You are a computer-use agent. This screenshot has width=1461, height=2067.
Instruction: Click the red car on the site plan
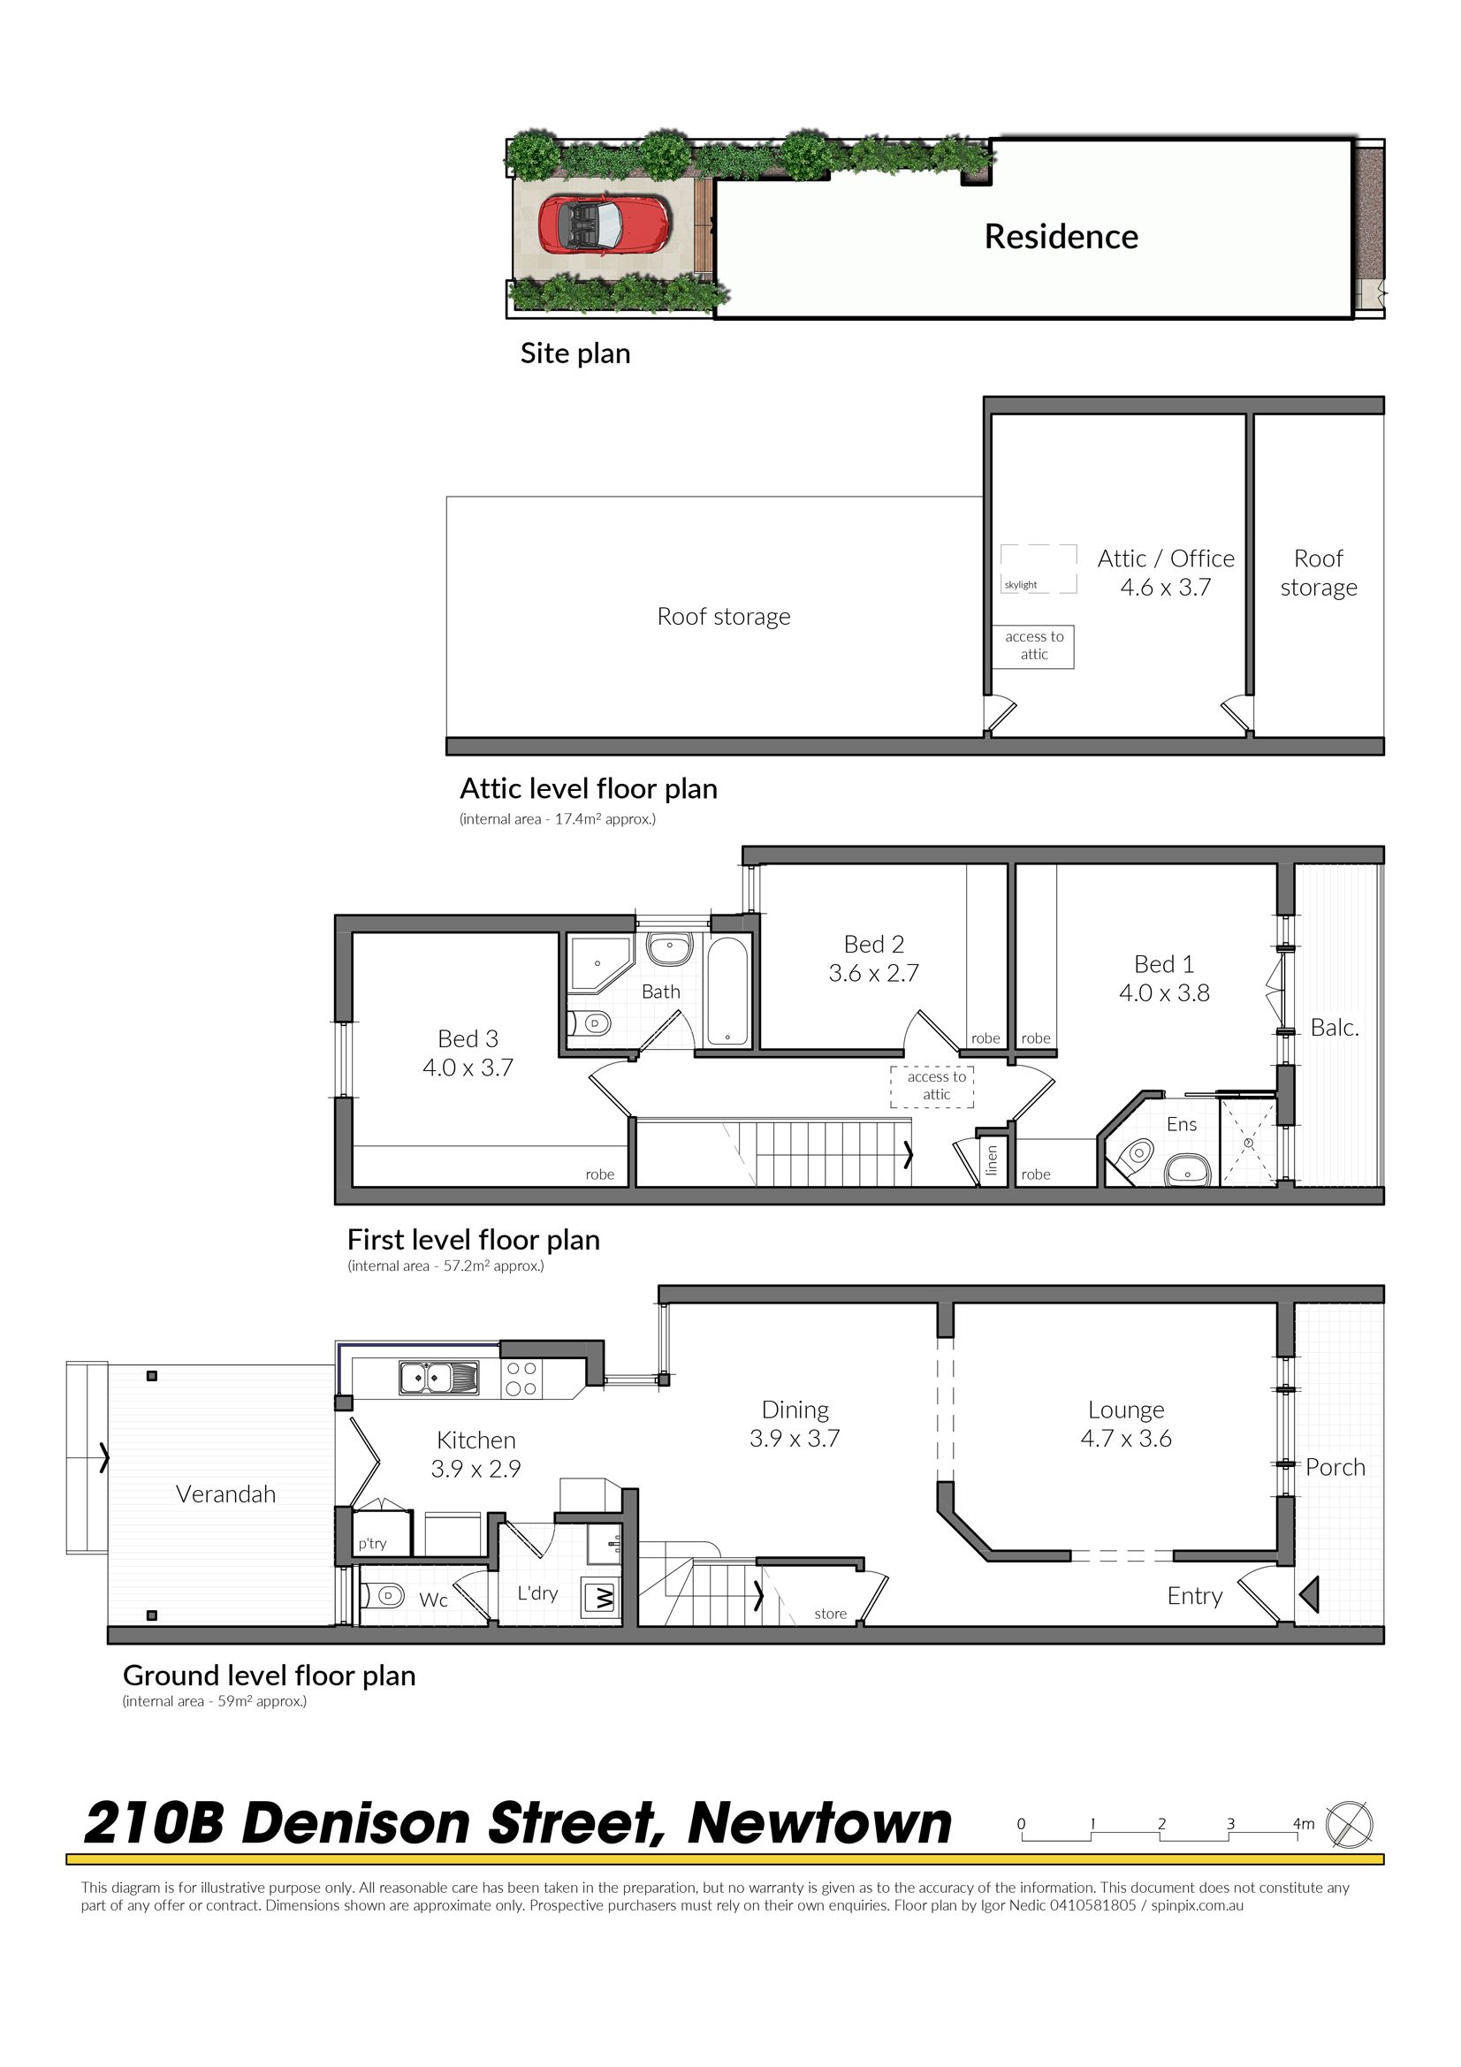click(604, 225)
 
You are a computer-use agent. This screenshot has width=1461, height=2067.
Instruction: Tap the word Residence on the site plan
click(1061, 237)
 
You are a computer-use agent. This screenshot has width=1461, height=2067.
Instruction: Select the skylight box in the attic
click(1038, 569)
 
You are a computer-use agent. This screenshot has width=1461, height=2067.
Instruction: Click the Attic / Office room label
click(1166, 559)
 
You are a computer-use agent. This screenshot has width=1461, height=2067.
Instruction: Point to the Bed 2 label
click(873, 944)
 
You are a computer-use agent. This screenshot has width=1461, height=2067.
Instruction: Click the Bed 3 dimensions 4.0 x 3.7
click(468, 1068)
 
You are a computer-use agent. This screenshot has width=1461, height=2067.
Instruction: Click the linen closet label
click(992, 1159)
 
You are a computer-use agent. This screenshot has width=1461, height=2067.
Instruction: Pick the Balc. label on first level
click(1334, 1028)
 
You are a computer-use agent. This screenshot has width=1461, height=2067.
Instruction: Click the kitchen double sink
click(438, 1378)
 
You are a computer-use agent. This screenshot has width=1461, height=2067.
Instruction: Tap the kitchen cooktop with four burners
click(521, 1379)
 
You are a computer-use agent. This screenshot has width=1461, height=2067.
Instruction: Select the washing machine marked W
click(600, 1598)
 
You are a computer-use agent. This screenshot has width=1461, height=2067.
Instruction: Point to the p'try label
click(372, 1543)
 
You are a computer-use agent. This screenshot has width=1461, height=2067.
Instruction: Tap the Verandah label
click(225, 1494)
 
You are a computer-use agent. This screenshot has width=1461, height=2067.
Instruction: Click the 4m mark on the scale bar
click(1304, 1824)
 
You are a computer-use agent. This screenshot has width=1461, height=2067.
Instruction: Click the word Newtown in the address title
click(820, 1824)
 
